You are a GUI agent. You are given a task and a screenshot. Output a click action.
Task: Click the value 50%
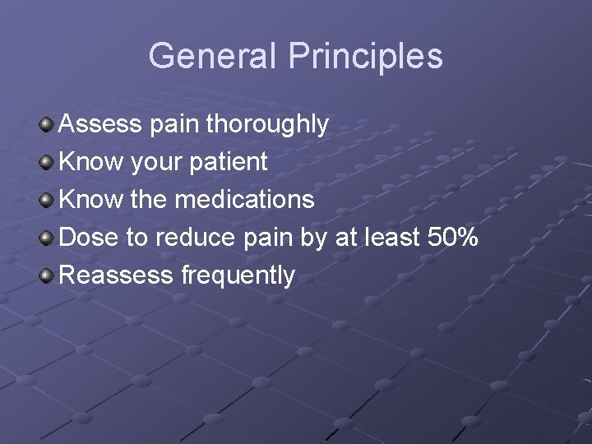(x=454, y=238)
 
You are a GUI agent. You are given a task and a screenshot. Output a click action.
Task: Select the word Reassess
(x=117, y=275)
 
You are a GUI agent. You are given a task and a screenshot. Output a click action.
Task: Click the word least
(x=390, y=238)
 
